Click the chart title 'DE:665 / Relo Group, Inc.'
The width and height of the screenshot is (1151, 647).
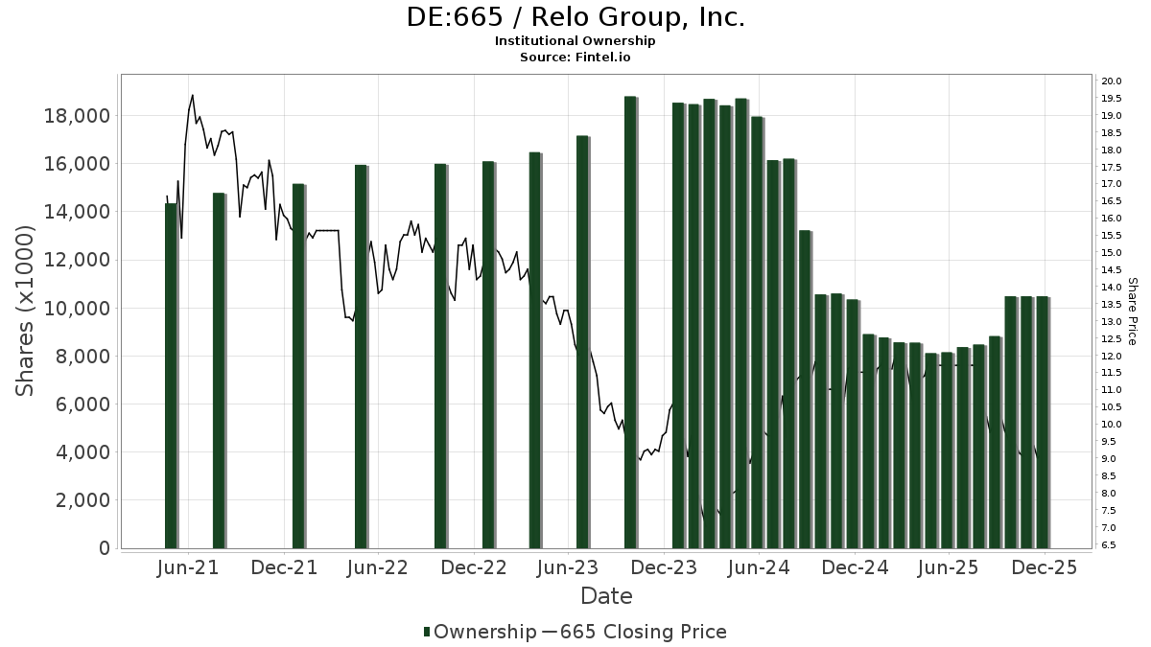coord(575,17)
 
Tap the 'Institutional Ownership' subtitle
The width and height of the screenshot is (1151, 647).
coord(575,41)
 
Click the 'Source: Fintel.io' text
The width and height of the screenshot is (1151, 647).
coord(575,57)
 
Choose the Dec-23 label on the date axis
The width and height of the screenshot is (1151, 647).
coord(664,567)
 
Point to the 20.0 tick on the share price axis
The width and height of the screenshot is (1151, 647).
coord(1113,81)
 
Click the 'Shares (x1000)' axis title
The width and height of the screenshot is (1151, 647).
coord(26,311)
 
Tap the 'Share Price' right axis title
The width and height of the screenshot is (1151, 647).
coord(1133,311)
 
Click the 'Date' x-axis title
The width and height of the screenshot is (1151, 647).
coord(606,596)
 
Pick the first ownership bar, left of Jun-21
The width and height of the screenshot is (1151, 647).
coord(171,376)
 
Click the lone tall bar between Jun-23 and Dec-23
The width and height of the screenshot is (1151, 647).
coord(630,322)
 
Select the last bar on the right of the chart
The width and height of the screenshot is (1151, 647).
coord(1042,422)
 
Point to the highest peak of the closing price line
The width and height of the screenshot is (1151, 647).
coord(193,95)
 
